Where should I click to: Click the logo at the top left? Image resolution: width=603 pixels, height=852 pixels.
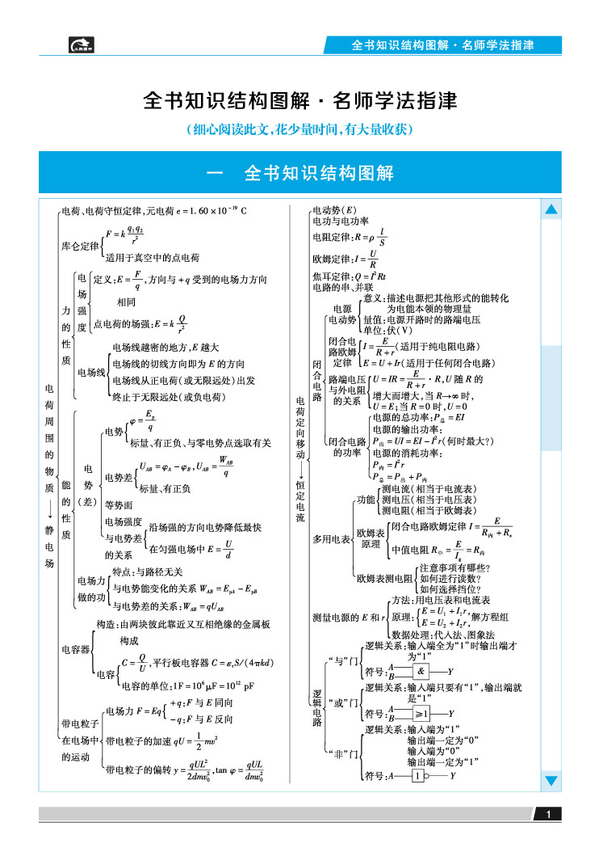pos(82,44)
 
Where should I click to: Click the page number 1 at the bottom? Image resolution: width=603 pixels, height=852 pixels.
pos(548,814)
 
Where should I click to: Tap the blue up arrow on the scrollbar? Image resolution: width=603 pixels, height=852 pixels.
pos(551,209)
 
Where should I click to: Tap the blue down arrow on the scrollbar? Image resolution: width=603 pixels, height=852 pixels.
pos(551,781)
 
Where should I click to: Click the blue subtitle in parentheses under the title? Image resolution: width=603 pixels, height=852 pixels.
pos(300,129)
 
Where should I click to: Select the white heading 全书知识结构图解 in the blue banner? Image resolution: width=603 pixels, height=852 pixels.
pos(319,173)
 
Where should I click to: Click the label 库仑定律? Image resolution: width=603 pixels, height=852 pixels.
pos(80,247)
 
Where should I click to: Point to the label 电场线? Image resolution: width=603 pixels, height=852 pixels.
pos(91,372)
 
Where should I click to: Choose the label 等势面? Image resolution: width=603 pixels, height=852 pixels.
pos(119,504)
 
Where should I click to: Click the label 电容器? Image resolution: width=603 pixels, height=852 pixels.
pos(75,649)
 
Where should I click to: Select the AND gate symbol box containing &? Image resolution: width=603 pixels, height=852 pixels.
pos(421,671)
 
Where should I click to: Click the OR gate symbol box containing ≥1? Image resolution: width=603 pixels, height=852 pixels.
pos(421,714)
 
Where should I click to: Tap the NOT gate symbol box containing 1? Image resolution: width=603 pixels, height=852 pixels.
pos(417,776)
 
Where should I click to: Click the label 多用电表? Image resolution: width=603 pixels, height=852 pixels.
pos(331,539)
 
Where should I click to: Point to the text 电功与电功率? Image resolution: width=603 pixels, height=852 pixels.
pos(341,221)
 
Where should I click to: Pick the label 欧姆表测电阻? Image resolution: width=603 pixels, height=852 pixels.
pos(384,579)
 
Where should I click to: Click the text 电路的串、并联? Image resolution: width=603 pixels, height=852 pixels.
pos(343,287)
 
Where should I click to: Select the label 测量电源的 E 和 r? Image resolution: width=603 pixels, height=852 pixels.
pos(349,618)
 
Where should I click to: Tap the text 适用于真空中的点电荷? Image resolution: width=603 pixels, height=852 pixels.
pos(153,258)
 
